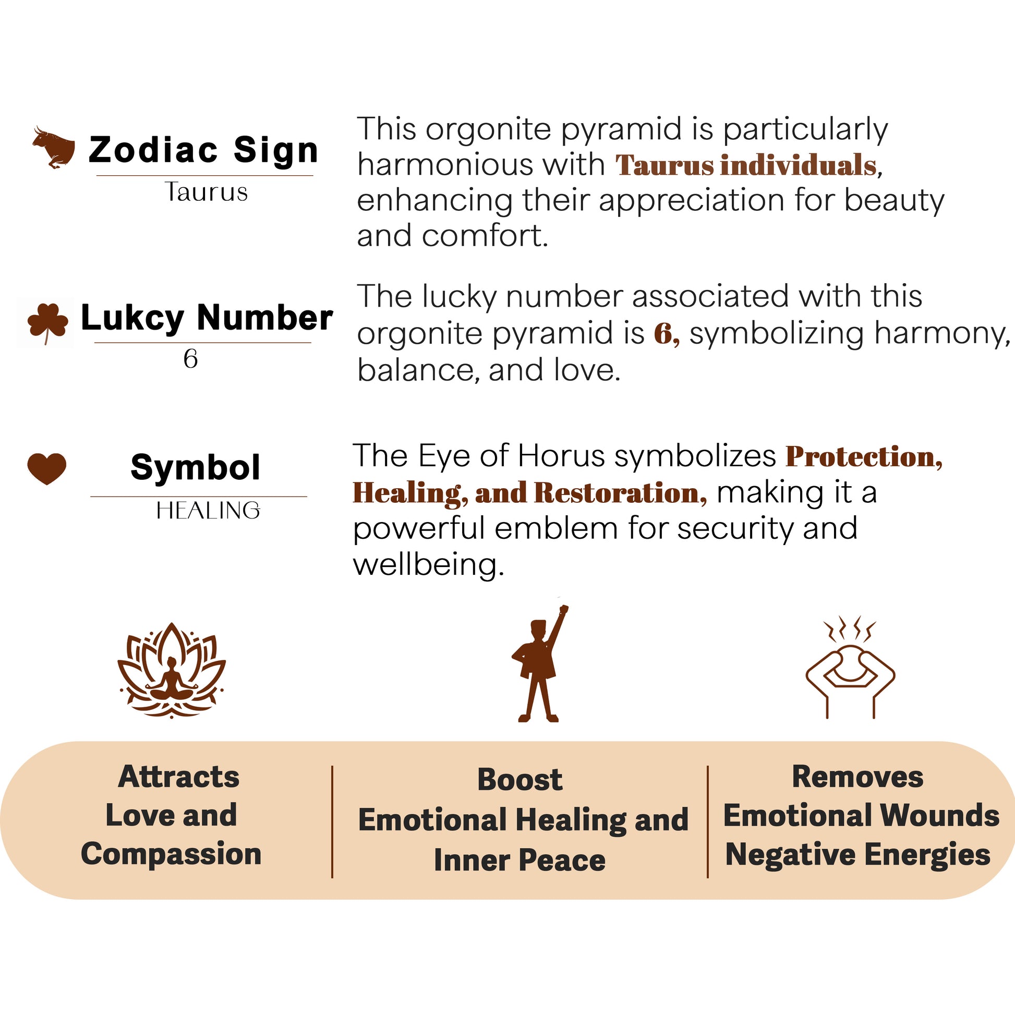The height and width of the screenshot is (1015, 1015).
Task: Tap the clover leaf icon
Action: click(47, 321)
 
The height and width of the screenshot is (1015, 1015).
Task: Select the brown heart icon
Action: click(47, 467)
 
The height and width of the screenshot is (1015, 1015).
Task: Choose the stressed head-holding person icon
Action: click(850, 670)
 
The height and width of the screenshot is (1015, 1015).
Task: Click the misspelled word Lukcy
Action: click(132, 318)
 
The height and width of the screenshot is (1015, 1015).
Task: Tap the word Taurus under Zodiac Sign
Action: click(207, 192)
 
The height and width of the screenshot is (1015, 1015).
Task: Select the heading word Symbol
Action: click(195, 467)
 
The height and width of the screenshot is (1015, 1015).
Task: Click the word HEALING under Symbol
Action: click(208, 511)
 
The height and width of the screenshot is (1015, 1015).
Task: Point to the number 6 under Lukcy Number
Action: click(191, 359)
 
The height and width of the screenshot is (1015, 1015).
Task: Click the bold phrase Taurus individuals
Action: click(746, 165)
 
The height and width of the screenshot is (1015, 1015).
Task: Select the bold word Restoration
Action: click(620, 493)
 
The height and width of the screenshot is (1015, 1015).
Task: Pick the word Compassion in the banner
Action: click(171, 854)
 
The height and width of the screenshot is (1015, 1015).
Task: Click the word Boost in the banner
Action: click(519, 780)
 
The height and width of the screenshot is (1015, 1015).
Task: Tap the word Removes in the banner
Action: click(857, 777)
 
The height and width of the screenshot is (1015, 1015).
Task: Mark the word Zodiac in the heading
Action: click(153, 150)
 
